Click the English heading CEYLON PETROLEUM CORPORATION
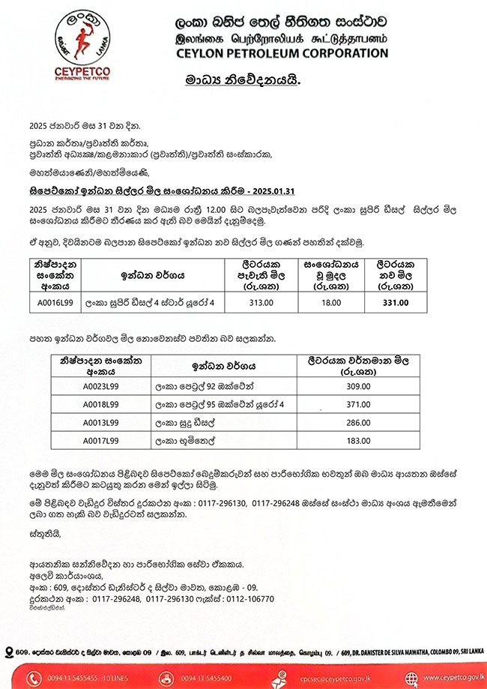pos(281,53)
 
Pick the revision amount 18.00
pos(330,303)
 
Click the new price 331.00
pos(395,303)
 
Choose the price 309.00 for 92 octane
pos(355,387)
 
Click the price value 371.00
pos(355,405)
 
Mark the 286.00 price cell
pos(355,423)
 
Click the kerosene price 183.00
pos(355,441)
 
